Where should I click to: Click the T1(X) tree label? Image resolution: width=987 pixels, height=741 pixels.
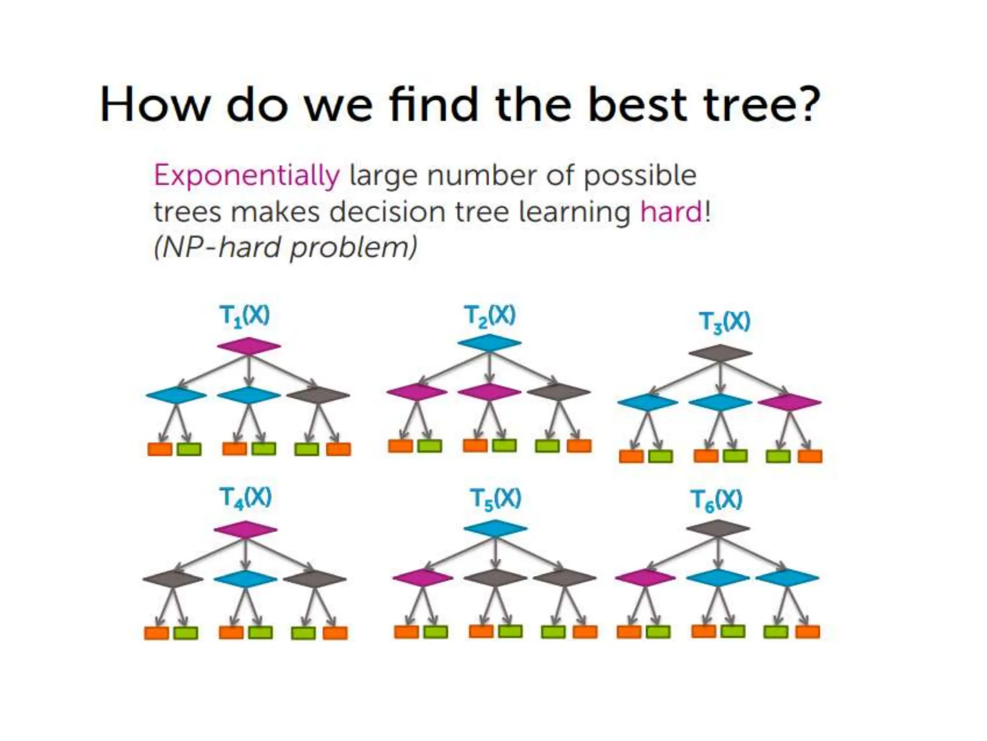[244, 316]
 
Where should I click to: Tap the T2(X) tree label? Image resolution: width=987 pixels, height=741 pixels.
[490, 316]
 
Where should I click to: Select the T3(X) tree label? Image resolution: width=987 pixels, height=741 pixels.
[725, 322]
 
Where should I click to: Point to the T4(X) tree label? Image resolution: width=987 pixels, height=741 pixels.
[245, 497]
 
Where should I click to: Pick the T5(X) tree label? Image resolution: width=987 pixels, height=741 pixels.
[495, 499]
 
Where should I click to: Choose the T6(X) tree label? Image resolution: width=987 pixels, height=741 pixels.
[717, 500]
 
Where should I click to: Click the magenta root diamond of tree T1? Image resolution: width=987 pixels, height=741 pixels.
[249, 346]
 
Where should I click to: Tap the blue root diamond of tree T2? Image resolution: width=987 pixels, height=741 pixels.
[489, 343]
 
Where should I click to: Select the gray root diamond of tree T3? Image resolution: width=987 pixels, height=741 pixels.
[720, 353]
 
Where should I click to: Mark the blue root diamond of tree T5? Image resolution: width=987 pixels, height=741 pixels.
[495, 528]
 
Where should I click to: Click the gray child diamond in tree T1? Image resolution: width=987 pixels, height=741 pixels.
[318, 395]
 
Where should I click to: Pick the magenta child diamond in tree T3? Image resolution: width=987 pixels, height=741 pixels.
[789, 402]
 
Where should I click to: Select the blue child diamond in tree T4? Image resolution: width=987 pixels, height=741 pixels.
[245, 579]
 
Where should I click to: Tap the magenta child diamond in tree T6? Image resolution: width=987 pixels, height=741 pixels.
[645, 577]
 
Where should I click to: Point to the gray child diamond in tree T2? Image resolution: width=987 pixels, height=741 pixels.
[559, 392]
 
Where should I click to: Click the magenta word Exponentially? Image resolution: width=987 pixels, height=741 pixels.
[247, 176]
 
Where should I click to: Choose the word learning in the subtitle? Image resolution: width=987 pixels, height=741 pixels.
[574, 212]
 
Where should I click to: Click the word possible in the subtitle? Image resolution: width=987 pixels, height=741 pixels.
[640, 176]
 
